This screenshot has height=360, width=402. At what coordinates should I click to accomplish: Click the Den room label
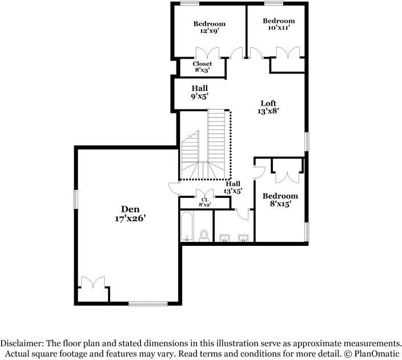130,209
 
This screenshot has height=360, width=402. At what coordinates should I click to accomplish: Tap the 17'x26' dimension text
130,219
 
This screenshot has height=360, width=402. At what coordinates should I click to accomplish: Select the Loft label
268,103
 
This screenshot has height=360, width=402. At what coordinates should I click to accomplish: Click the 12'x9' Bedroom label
209,27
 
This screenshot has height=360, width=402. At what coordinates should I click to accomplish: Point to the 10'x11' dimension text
279,27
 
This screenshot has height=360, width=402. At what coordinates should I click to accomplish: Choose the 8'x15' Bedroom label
280,200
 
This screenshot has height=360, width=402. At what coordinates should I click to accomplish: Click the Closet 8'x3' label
202,67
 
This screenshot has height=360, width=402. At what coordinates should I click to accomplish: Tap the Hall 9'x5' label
200,92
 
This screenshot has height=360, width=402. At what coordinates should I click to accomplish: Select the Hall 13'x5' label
233,187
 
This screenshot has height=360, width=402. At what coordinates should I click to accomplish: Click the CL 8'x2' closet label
204,202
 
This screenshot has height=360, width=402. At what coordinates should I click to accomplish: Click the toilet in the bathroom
204,236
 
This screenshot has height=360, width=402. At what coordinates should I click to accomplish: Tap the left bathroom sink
224,238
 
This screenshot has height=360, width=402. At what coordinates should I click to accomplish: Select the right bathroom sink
243,238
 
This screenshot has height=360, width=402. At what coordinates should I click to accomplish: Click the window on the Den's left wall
75,199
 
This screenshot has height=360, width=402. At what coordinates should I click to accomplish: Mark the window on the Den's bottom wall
148,304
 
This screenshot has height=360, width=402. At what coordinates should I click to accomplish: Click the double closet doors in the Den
93,282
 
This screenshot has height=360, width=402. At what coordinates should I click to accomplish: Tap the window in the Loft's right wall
307,141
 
